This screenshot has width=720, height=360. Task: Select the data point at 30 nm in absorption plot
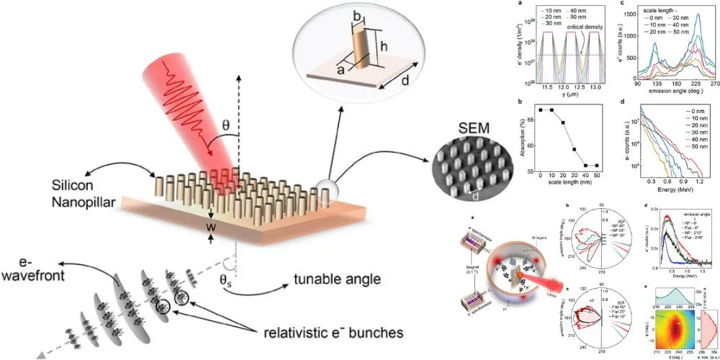pos(574,150)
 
